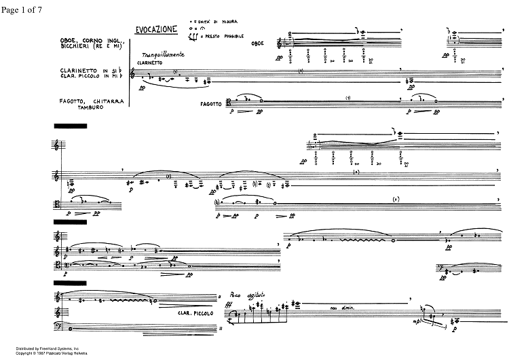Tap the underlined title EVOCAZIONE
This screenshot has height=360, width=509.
tap(157, 29)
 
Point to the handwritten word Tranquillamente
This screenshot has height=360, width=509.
tap(157, 54)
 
